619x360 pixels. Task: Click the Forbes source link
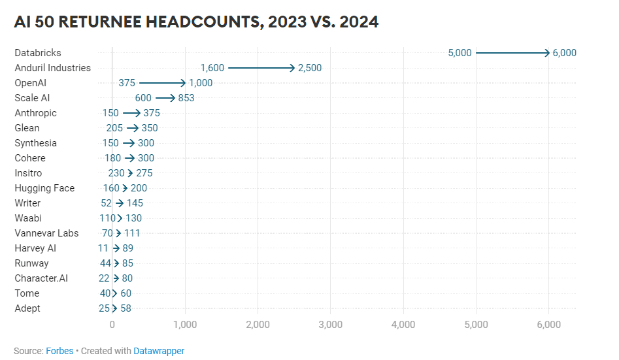pyautogui.click(x=59, y=351)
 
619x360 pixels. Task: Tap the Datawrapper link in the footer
pyautogui.click(x=159, y=351)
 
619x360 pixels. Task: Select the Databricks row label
pyautogui.click(x=38, y=53)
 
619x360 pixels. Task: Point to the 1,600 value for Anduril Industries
pyautogui.click(x=212, y=68)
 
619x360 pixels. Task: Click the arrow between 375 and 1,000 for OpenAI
pyautogui.click(x=163, y=83)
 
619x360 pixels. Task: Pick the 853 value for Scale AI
pyautogui.click(x=186, y=98)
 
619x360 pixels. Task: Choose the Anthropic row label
pyautogui.click(x=36, y=113)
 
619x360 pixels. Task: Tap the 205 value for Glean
pyautogui.click(x=114, y=128)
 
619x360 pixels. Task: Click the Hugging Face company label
pyautogui.click(x=44, y=188)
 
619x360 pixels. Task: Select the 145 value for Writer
pyautogui.click(x=135, y=203)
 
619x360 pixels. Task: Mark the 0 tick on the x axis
pyautogui.click(x=112, y=324)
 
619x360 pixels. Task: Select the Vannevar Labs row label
pyautogui.click(x=46, y=233)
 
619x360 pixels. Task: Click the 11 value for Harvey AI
pyautogui.click(x=103, y=248)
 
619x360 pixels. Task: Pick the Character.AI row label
pyautogui.click(x=41, y=278)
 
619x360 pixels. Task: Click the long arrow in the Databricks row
pyautogui.click(x=512, y=53)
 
